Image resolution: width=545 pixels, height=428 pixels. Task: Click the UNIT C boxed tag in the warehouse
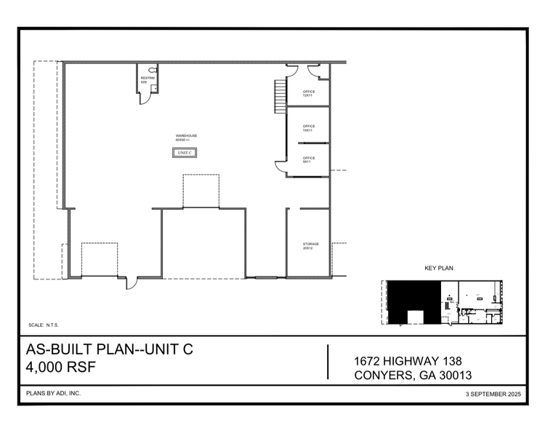184,153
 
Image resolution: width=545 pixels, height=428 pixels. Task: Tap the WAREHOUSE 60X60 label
187,138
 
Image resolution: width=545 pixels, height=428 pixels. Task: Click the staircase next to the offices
279,96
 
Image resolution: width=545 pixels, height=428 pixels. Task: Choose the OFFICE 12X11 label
309,93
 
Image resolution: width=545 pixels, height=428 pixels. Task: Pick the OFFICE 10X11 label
309,128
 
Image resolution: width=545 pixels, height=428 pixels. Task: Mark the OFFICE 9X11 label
309,159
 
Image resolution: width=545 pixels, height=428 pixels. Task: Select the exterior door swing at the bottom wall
132,283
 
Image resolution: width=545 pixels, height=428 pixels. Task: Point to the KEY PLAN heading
439,269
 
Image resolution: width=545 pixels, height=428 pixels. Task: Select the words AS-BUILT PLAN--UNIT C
110,350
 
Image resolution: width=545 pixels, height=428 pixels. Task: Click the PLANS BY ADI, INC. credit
53,393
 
